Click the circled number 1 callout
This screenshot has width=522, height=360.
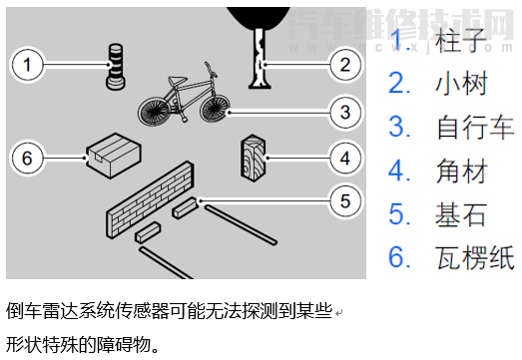point(27,64)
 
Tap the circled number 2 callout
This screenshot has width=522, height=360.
point(345,64)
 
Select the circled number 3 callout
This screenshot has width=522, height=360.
point(345,112)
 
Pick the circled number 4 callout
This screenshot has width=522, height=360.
point(345,158)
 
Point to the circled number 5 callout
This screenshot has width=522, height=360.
point(345,201)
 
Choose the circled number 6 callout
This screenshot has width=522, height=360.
point(27,158)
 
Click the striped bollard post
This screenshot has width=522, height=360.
point(116,67)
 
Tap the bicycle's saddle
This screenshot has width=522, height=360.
point(178,80)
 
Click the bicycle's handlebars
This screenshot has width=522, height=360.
point(211,69)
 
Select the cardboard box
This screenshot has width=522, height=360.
point(114,156)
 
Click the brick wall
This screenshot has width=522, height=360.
point(150,199)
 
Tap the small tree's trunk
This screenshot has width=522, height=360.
point(260,59)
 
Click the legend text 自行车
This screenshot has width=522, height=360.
point(475,127)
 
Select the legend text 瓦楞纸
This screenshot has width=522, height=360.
point(475,257)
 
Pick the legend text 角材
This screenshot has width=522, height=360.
point(462,171)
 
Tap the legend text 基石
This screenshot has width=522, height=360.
point(461,214)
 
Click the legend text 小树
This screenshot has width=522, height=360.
point(462,83)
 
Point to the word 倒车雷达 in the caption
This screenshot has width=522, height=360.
point(42,311)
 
